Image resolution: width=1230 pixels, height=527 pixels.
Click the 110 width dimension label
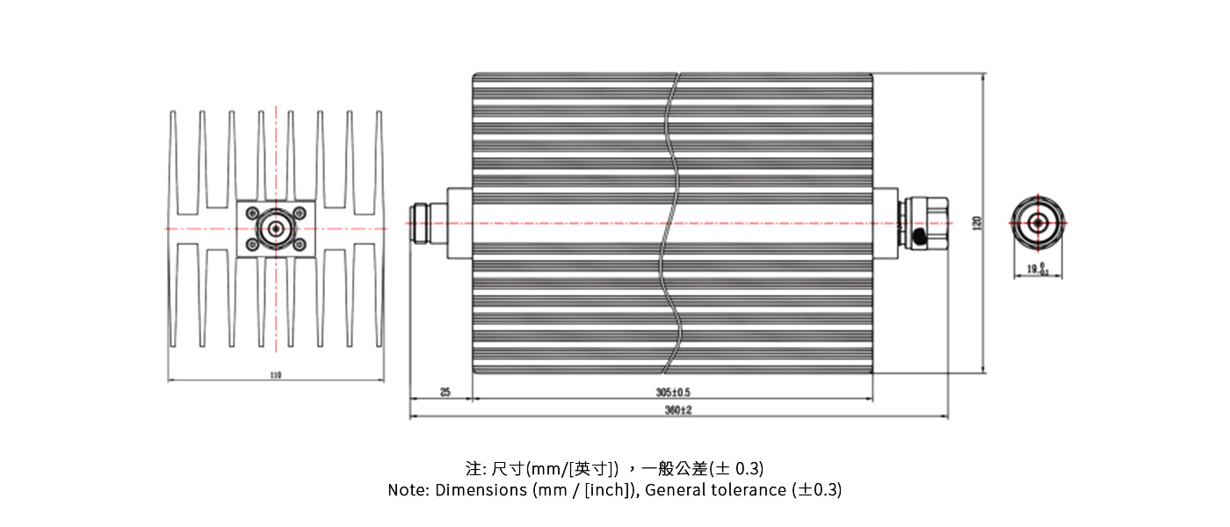pos(276,375)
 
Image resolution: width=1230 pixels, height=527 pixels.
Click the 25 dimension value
pos(445,393)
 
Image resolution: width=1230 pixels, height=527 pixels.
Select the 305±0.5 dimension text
pos(674,393)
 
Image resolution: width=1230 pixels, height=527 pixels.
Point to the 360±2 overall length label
pos(678,411)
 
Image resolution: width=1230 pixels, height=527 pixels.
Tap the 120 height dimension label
pos(977,223)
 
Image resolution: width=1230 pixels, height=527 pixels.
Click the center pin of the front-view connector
pos(275,229)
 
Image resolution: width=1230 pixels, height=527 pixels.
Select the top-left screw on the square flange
pos(253,213)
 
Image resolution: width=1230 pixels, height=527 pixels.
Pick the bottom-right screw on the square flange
pos(299,246)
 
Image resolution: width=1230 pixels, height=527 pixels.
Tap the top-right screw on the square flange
pos(299,213)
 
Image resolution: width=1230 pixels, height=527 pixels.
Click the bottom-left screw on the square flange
pos(253,246)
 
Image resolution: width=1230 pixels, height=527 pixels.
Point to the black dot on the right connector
pos(920,237)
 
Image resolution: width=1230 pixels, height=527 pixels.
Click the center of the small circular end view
pos(1038,223)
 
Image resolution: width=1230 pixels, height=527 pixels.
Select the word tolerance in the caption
pos(749,490)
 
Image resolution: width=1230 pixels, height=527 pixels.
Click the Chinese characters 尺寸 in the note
pos(507,467)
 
